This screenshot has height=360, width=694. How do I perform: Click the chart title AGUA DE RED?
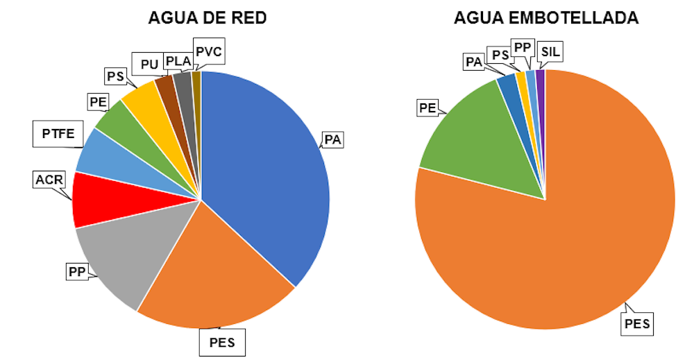tap(207, 17)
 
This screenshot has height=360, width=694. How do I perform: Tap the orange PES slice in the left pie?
tap(215, 277)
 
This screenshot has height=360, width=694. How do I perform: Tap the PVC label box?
tap(210, 51)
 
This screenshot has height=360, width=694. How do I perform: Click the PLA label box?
tap(178, 61)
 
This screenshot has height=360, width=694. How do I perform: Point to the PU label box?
tap(149, 65)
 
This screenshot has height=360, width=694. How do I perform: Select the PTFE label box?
tap(58, 133)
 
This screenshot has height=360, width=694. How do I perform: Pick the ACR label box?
tap(49, 181)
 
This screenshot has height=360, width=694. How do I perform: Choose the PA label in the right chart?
tap(474, 62)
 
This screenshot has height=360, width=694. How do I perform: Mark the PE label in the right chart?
tap(427, 108)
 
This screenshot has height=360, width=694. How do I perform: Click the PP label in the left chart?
tap(76, 272)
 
